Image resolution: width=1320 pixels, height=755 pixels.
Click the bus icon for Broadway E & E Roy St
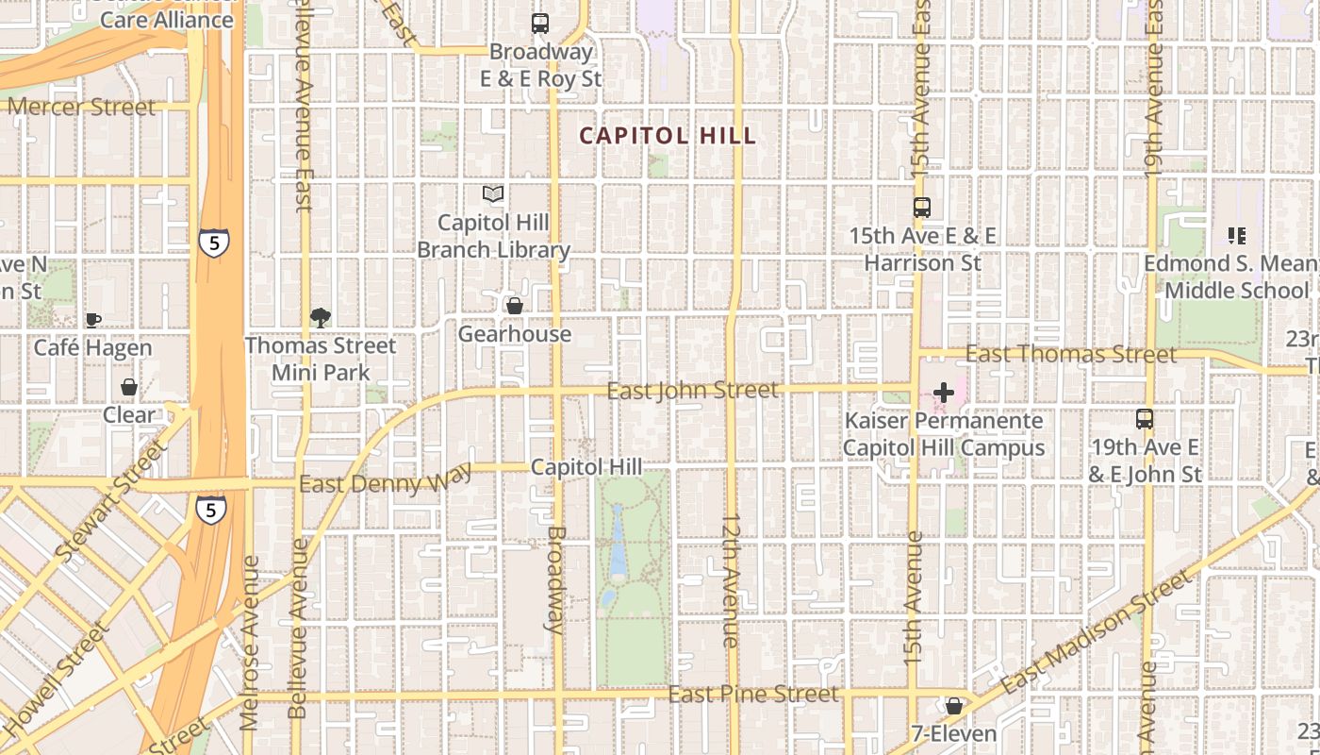tap(540, 24)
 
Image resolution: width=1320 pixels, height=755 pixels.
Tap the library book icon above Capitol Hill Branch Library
tap(493, 194)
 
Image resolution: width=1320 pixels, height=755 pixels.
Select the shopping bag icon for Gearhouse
tap(515, 306)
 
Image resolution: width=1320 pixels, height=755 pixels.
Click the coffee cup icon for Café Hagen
tap(92, 320)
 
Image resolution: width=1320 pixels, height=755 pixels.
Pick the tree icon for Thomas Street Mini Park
tap(321, 317)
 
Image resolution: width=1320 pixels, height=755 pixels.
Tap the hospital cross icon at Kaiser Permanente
tap(943, 393)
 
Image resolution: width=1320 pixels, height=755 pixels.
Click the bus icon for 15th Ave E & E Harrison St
tap(922, 208)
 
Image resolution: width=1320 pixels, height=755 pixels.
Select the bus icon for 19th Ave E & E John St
tap(1145, 418)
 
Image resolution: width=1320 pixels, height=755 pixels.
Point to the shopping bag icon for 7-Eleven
tap(954, 706)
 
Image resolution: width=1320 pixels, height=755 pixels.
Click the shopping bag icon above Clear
tap(129, 387)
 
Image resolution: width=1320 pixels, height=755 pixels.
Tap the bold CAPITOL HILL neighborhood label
tap(668, 136)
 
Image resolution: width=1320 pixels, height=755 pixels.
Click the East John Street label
tap(693, 390)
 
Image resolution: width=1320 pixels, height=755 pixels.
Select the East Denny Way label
tap(386, 480)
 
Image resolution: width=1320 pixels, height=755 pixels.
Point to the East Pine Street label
tap(753, 695)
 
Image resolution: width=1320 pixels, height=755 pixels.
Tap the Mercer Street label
tap(81, 108)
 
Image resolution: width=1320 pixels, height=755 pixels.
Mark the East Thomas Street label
tap(1071, 355)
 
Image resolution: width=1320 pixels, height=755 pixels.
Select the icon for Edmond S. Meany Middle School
tap(1236, 235)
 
